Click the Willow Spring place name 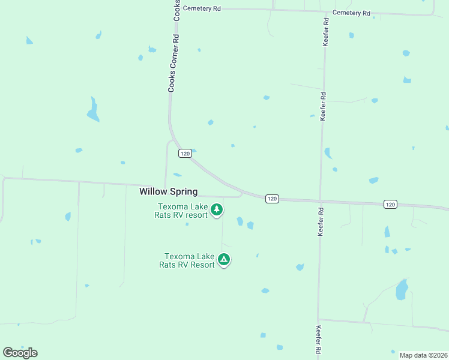point(168,191)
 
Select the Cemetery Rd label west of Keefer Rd point(202,8)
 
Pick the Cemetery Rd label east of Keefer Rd point(351,13)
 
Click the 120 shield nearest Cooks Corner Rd point(185,154)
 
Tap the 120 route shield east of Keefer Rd point(390,205)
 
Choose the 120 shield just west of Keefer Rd point(273,199)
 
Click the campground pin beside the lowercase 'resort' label point(217,210)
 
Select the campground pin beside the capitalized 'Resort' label point(224,260)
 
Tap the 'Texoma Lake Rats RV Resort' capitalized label point(187,260)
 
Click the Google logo point(20,353)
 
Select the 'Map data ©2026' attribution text point(423,355)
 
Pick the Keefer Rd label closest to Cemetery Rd point(326,32)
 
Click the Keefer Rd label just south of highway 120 point(321,221)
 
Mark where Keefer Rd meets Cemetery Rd point(326,11)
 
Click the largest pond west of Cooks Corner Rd point(92,110)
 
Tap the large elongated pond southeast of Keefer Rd point(401,290)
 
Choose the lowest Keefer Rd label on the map point(317,340)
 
